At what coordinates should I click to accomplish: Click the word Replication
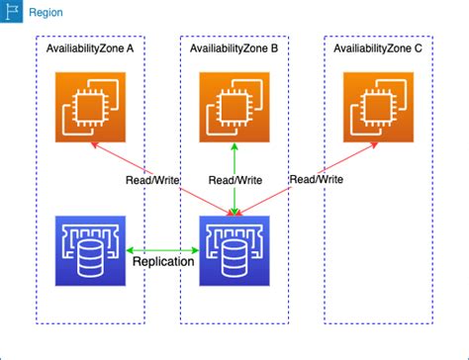pos(163,264)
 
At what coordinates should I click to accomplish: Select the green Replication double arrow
pos(163,250)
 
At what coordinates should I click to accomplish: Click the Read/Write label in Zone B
pos(234,180)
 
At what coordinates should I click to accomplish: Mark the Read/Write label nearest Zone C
pos(316,179)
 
